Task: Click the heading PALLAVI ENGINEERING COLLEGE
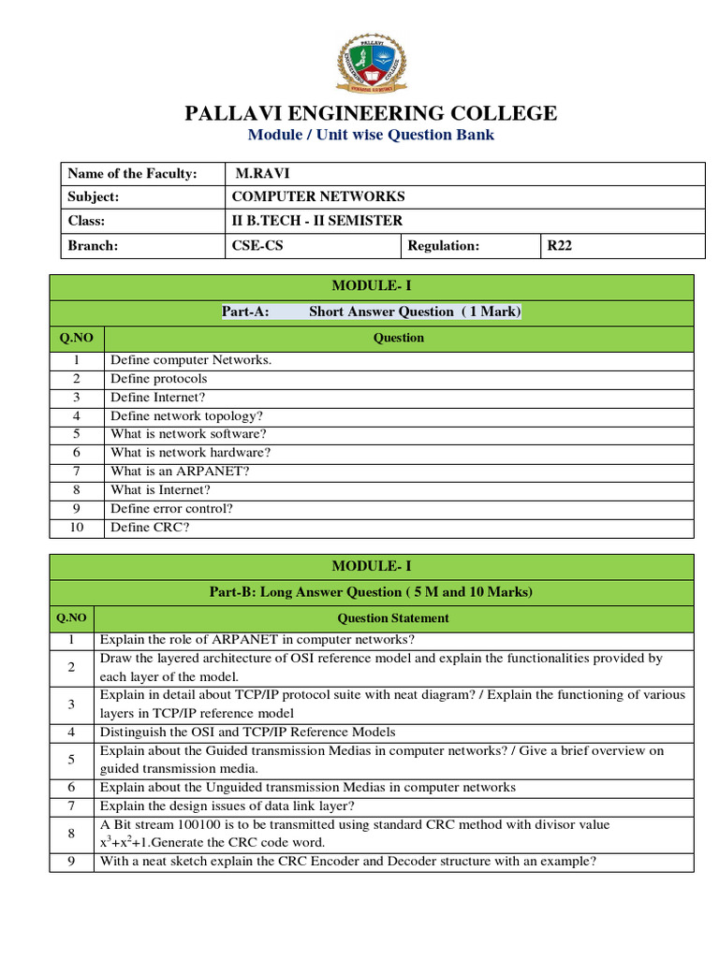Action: pyautogui.click(x=371, y=114)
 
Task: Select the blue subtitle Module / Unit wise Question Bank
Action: pyautogui.click(x=371, y=135)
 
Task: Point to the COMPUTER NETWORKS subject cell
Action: pyautogui.click(x=317, y=196)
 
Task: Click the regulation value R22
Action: pyautogui.click(x=560, y=245)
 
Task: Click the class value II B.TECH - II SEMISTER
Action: pyautogui.click(x=316, y=221)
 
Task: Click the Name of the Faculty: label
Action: pyautogui.click(x=132, y=173)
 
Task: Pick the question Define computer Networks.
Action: pyautogui.click(x=191, y=360)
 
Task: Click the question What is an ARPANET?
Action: pyautogui.click(x=180, y=472)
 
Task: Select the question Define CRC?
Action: pyautogui.click(x=150, y=528)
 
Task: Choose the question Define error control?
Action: pyautogui.click(x=171, y=509)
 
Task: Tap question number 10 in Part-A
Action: pyautogui.click(x=77, y=528)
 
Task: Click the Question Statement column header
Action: pyautogui.click(x=393, y=617)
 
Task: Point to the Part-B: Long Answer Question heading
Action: pyautogui.click(x=371, y=591)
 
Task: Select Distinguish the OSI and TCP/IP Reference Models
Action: pyautogui.click(x=247, y=732)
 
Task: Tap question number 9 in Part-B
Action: pyautogui.click(x=71, y=862)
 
